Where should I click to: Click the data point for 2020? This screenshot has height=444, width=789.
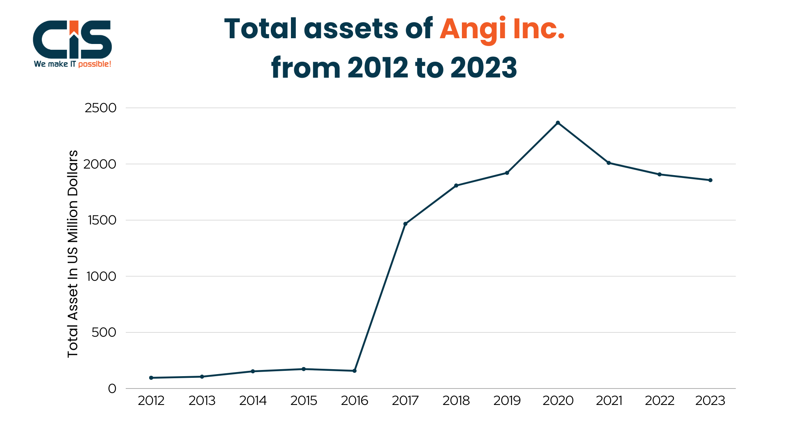pos(558,123)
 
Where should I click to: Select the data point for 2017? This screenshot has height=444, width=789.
pos(405,224)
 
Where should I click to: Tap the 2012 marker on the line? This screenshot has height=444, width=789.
pos(151,378)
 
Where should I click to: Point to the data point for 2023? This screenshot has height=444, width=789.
pos(710,180)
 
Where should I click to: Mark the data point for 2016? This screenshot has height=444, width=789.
pos(355,371)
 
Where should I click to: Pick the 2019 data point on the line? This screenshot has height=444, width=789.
pos(507,173)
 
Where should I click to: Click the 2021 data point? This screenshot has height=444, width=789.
pos(609,163)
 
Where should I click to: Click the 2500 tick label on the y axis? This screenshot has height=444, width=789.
pos(101,108)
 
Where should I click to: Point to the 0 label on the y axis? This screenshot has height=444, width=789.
pos(112,388)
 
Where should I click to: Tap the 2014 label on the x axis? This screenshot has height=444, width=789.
pos(253,400)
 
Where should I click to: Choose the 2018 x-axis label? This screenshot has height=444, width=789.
pos(456,400)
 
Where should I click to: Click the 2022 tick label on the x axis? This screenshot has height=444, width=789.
pos(660,400)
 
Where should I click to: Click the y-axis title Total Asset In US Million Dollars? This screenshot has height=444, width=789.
pos(73,254)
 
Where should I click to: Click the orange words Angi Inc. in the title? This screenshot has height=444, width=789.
pos(502,29)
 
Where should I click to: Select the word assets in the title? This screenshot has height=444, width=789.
pos(351,29)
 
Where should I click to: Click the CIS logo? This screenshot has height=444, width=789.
pos(72,40)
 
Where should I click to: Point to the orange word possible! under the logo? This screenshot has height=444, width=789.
pos(95,64)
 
